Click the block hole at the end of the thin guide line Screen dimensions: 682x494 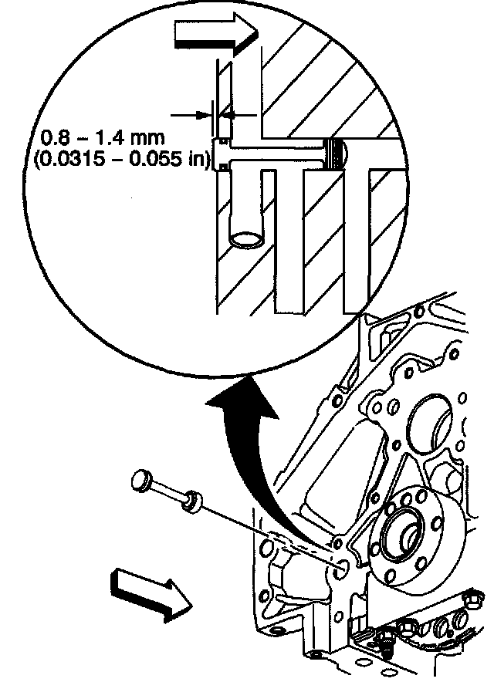341,569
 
